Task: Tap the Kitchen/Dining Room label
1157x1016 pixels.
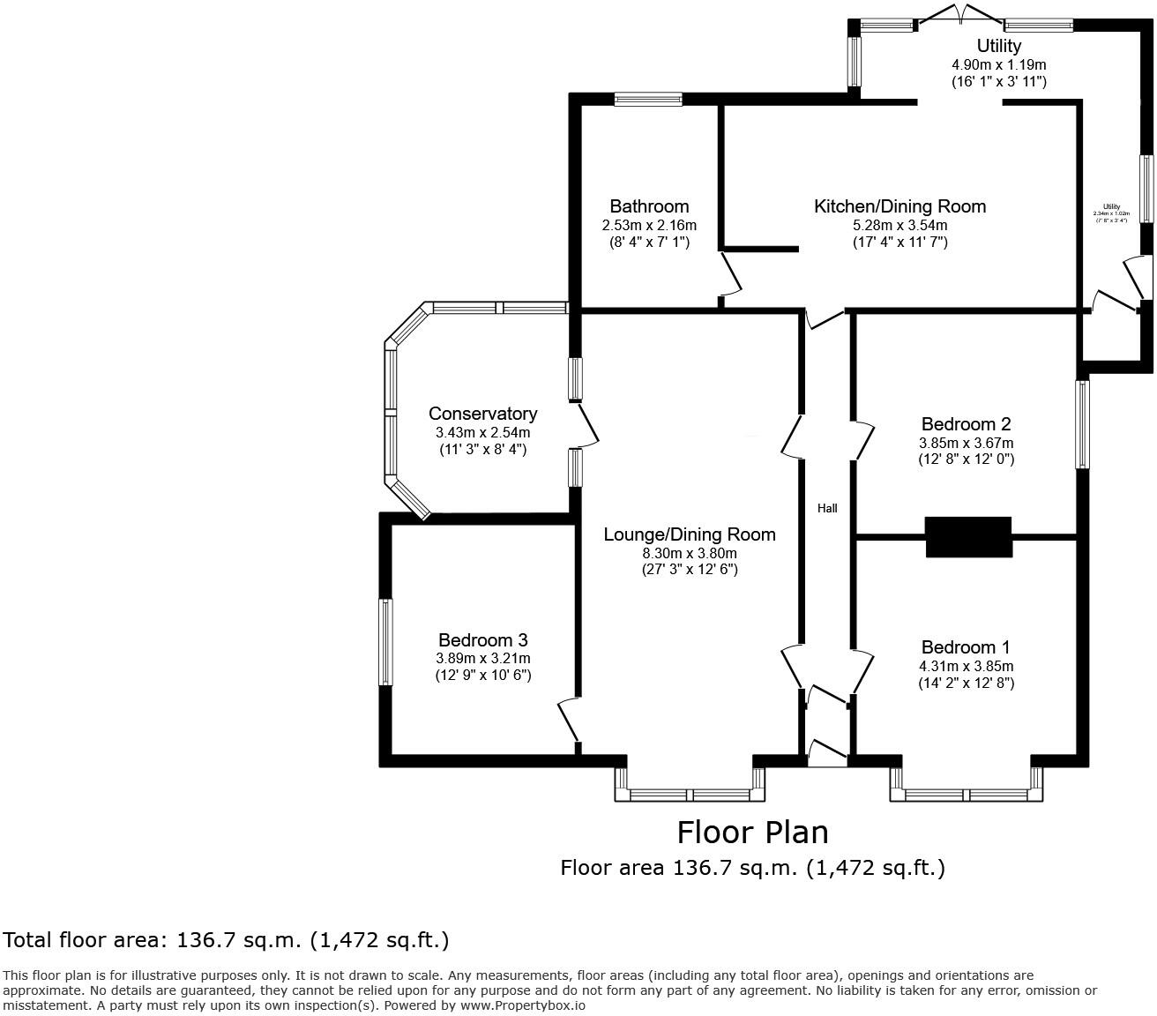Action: tap(899, 206)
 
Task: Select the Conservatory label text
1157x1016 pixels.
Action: tap(482, 414)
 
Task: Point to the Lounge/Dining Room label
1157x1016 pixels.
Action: tap(690, 534)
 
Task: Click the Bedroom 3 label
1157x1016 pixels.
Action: tap(483, 640)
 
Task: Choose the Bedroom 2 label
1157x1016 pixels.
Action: tap(966, 423)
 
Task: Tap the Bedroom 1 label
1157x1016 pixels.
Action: tap(966, 647)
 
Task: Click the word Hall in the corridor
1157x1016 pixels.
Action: tap(827, 508)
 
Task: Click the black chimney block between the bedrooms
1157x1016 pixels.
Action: tap(967, 536)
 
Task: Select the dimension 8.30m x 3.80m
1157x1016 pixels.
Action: tap(690, 553)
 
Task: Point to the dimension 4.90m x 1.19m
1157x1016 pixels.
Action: tap(998, 64)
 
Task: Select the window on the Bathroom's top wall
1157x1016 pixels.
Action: tap(648, 100)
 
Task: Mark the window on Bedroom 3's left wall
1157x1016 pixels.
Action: tap(385, 642)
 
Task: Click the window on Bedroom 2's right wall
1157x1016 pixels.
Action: tap(1082, 423)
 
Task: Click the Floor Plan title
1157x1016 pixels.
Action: tap(752, 832)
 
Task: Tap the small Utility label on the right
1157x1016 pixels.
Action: tap(1110, 207)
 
